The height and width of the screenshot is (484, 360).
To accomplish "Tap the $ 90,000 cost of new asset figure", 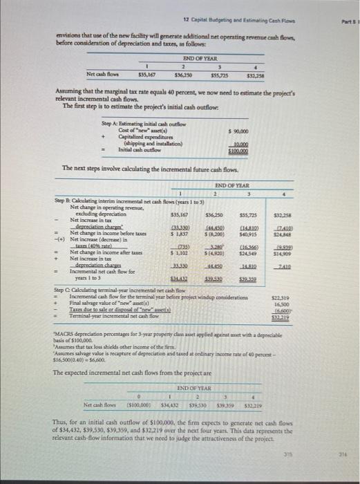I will pos(237,131).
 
